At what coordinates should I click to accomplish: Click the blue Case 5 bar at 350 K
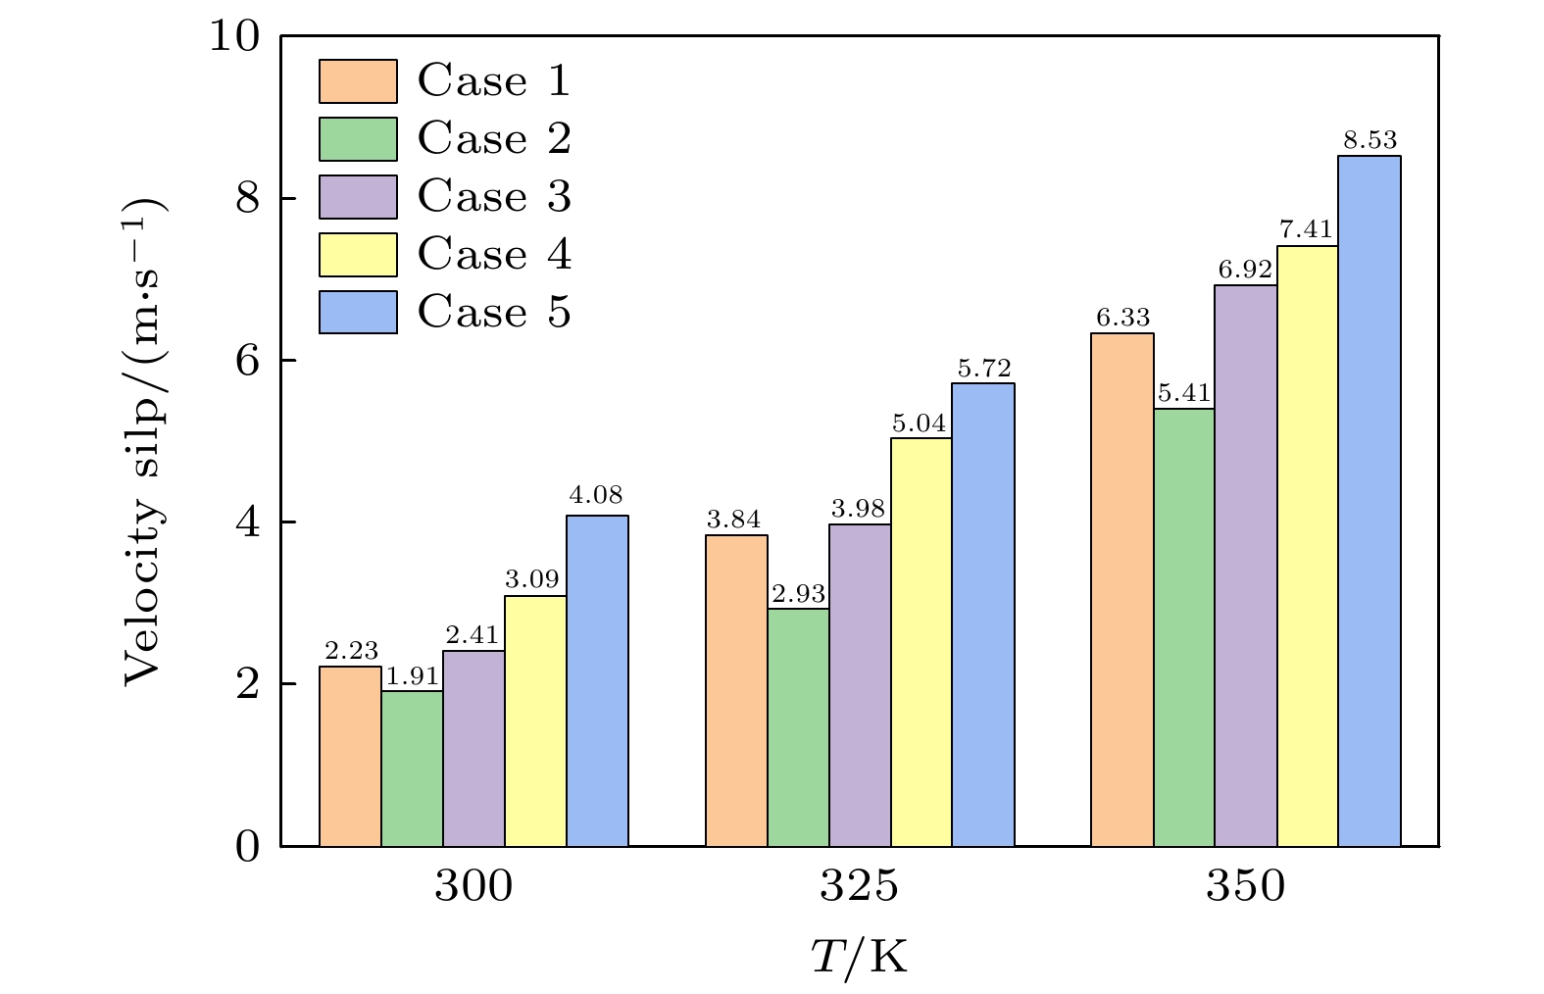[x=1369, y=500]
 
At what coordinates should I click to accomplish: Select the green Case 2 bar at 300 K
[x=412, y=769]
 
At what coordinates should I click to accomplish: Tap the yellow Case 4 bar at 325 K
[x=921, y=642]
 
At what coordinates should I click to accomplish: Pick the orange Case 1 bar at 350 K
[x=1121, y=589]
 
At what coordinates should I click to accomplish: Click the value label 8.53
[x=1370, y=140]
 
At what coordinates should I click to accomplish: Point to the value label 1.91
[x=412, y=676]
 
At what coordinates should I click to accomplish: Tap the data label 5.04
[x=920, y=423]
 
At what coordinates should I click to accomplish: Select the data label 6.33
[x=1122, y=319]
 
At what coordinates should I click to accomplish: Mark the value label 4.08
[x=596, y=495]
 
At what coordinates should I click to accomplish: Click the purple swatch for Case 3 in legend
[x=358, y=197]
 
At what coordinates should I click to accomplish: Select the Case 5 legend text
[x=494, y=313]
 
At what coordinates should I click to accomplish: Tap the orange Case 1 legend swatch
[x=358, y=81]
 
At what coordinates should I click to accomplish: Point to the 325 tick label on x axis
[x=859, y=887]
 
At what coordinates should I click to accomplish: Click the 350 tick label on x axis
[x=1245, y=887]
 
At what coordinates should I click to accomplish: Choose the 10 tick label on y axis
[x=235, y=36]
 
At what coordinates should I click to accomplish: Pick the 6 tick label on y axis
[x=247, y=361]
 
